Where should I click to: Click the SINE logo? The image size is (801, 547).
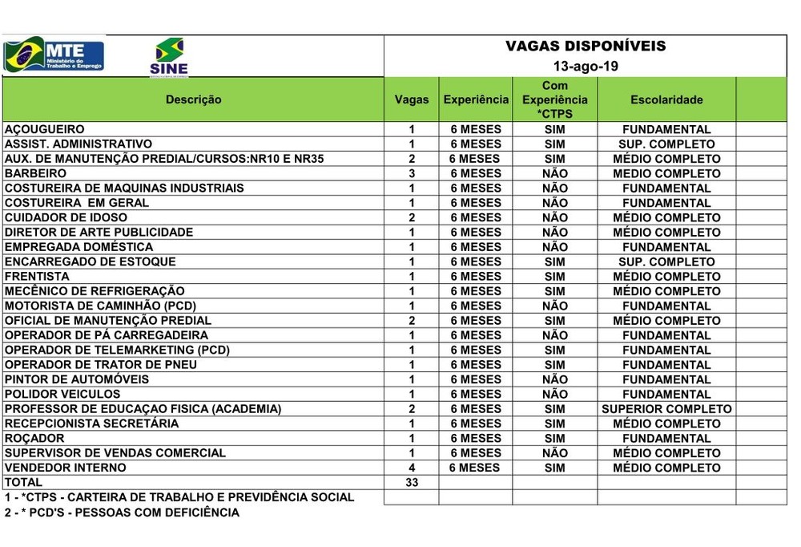coord(168,57)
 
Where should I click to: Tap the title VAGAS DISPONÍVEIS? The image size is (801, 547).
coord(585,47)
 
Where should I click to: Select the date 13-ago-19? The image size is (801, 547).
coord(585,66)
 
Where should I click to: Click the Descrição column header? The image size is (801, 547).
coord(193,100)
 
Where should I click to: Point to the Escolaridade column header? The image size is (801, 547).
coord(666,100)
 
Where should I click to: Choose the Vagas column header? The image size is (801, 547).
coord(412,100)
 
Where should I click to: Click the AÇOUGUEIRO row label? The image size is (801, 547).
coord(45,129)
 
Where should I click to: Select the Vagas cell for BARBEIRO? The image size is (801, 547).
coord(412,173)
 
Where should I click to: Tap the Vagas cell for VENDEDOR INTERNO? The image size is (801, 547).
coord(412,468)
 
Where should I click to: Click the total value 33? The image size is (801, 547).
coord(412,482)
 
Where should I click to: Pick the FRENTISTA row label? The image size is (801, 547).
coord(37,276)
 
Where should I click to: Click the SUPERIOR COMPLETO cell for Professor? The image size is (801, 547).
coord(666,409)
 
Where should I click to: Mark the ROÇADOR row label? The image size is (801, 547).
coord(35,438)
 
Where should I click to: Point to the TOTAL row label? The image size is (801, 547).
coord(24,482)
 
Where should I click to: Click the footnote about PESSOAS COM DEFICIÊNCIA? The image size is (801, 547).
coord(122,513)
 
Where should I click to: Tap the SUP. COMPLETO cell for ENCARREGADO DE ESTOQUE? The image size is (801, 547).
coord(666,261)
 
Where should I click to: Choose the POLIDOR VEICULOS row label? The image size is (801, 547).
coord(62,394)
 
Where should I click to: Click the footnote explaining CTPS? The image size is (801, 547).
coord(179,497)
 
